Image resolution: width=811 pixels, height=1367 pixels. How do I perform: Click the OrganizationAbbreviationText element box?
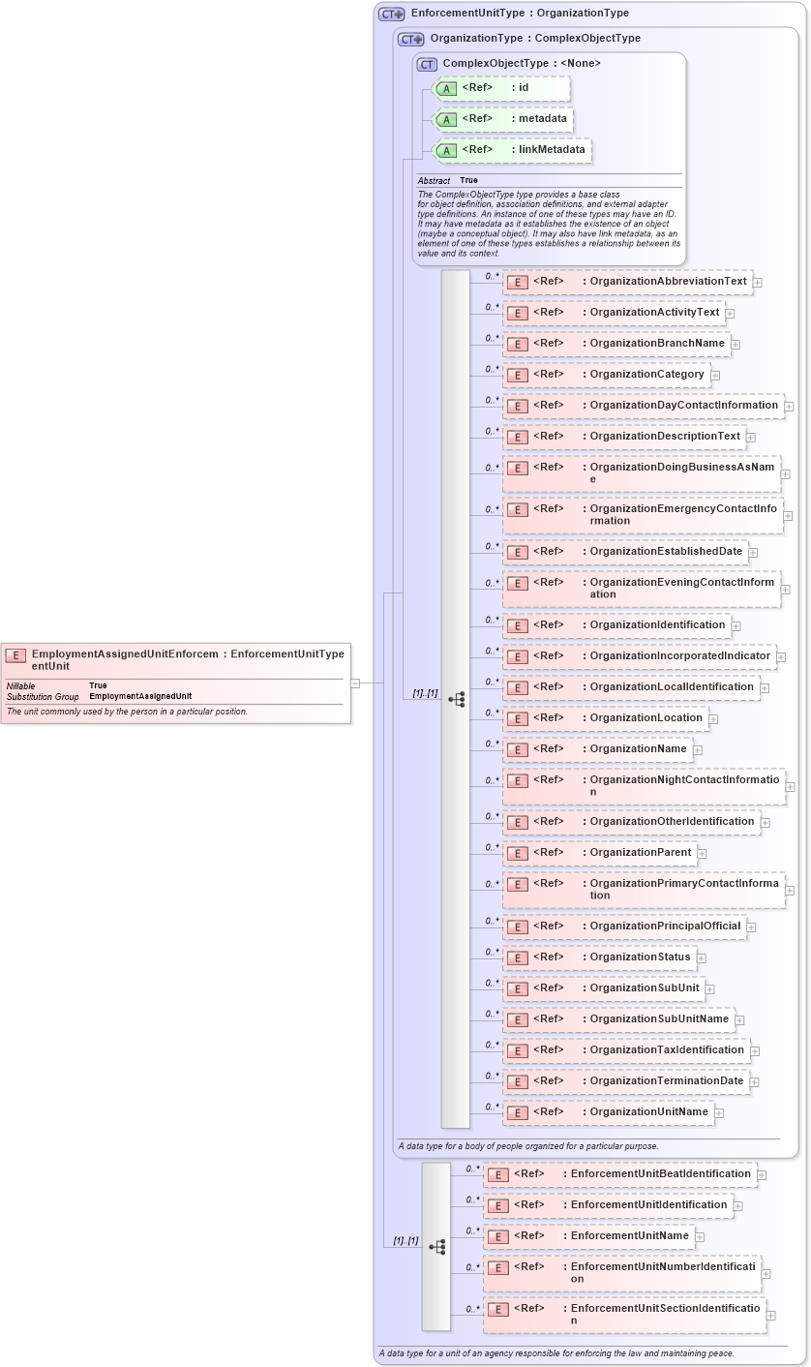click(x=627, y=282)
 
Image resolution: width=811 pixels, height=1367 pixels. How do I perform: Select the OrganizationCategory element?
click(x=606, y=375)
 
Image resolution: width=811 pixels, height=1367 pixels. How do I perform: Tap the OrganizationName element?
click(x=597, y=748)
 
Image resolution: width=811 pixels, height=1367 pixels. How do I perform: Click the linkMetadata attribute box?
click(x=513, y=150)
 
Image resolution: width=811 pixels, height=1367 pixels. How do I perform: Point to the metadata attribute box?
click(x=504, y=119)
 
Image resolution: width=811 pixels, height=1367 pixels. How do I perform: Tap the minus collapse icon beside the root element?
click(x=355, y=683)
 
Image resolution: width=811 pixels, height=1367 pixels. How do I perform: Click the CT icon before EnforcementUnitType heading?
click(x=391, y=14)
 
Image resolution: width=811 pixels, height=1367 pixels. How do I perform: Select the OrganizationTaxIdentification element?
click(x=626, y=1050)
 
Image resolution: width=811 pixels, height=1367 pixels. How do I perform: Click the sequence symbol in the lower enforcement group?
click(x=436, y=1247)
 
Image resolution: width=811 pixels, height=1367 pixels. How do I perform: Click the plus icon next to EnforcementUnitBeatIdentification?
click(x=762, y=1175)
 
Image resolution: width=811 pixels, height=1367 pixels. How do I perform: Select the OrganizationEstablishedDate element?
click(x=625, y=552)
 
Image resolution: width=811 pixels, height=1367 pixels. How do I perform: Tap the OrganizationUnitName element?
click(x=608, y=1112)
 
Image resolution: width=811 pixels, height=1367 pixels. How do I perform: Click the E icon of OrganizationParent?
click(x=518, y=853)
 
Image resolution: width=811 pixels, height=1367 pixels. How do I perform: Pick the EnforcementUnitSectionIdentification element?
click(x=624, y=1314)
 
